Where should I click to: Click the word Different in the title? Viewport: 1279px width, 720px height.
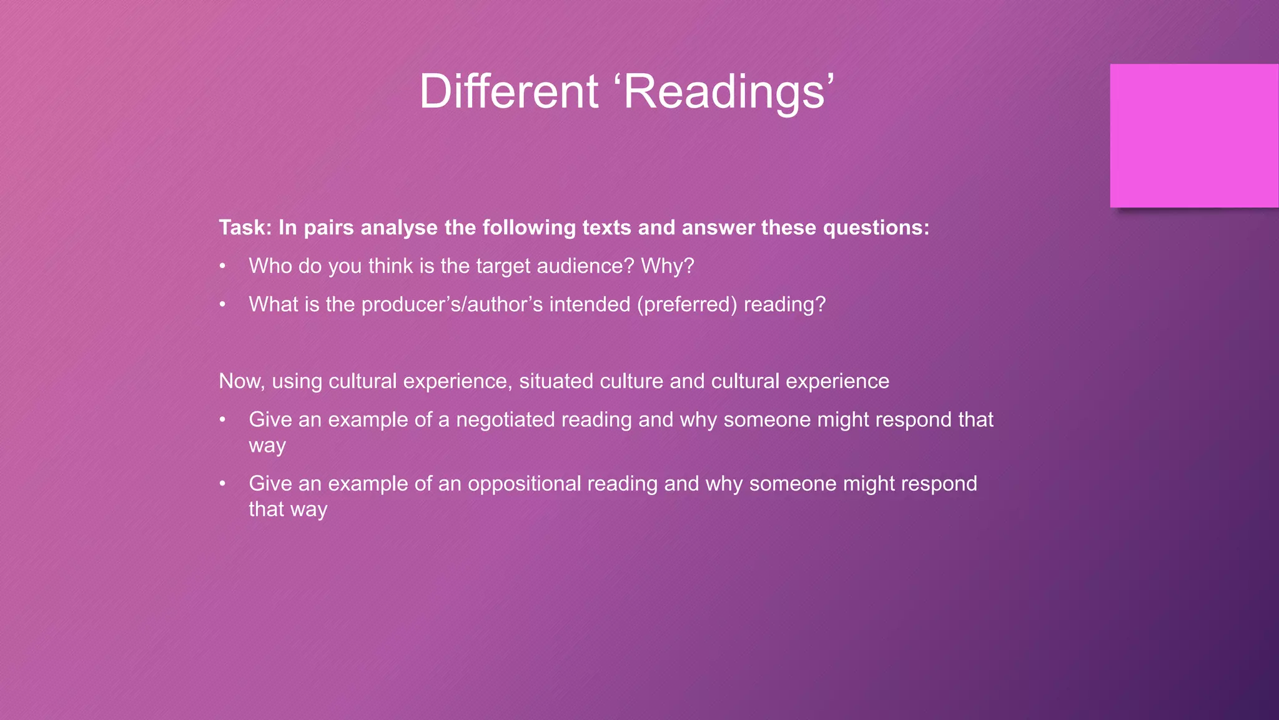(x=508, y=92)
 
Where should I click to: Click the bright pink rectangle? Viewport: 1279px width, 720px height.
(x=1194, y=136)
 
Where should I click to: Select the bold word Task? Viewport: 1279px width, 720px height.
(x=245, y=227)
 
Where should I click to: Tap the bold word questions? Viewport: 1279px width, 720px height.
(x=876, y=227)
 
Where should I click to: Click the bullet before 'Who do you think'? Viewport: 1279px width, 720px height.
(x=222, y=267)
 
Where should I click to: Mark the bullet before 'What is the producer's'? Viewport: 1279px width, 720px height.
(x=222, y=305)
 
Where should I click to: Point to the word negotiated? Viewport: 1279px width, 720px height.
(x=505, y=419)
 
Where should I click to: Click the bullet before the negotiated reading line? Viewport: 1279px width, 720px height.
(x=222, y=420)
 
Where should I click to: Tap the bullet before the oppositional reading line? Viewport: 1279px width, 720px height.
(x=222, y=484)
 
